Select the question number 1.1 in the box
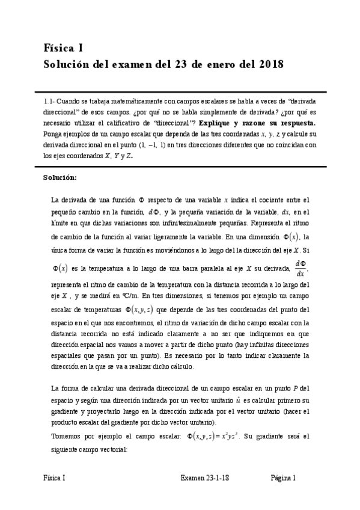(x=50, y=102)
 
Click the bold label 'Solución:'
(x=60, y=177)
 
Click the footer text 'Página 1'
(x=283, y=478)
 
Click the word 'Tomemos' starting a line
(x=67, y=437)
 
